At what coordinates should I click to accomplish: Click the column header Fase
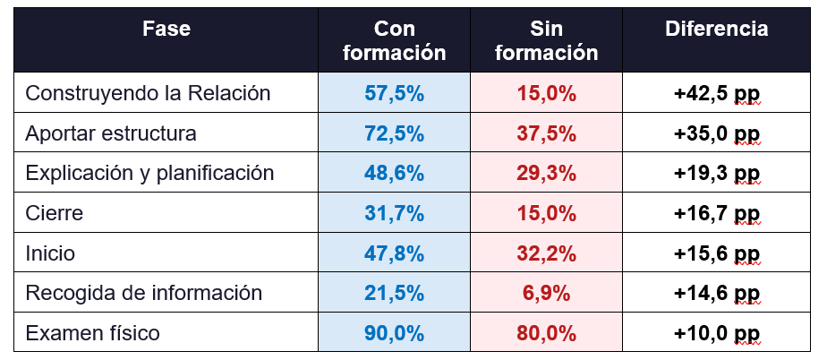point(166,30)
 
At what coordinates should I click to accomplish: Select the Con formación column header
point(394,41)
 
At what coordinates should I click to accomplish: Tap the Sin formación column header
point(546,41)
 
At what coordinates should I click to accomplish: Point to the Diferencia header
point(717,30)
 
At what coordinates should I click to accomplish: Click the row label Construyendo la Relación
point(148,93)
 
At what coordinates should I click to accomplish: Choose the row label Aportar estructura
point(111,133)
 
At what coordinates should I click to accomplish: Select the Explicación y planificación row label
point(149,173)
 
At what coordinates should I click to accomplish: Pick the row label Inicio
point(50,253)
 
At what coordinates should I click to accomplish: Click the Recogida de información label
point(144,293)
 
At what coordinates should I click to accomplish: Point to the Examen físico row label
point(93,333)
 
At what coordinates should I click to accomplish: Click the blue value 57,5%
point(394,93)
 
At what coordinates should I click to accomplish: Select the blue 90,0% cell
point(394,333)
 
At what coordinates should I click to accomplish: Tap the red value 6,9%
point(546,293)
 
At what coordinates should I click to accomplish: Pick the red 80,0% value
point(546,333)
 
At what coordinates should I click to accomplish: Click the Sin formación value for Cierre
point(546,213)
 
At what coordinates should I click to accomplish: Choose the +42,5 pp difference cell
point(717,93)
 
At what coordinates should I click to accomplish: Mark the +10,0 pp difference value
point(717,333)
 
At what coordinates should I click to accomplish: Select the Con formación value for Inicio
point(394,253)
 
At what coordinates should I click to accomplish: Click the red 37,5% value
point(546,133)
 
